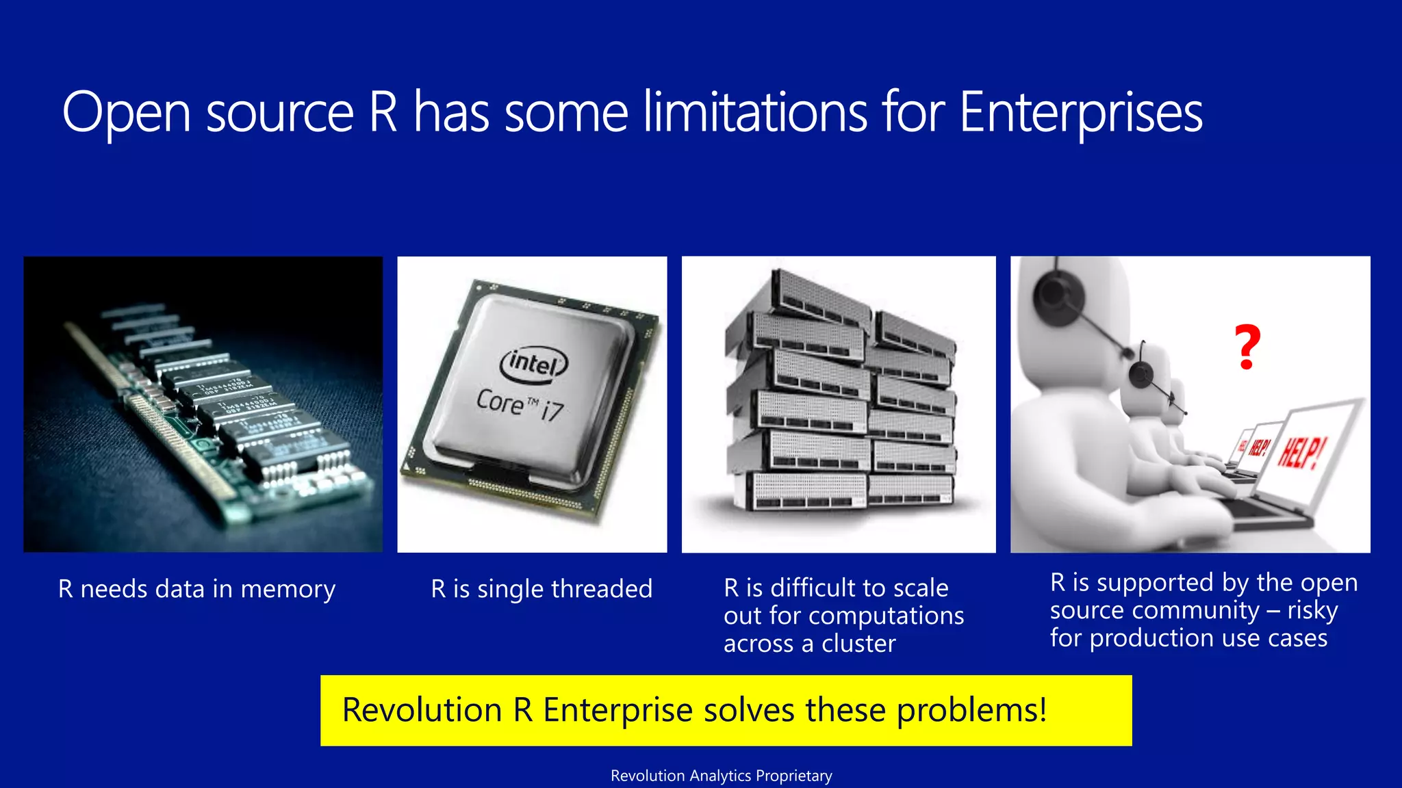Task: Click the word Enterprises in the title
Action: click(x=1080, y=113)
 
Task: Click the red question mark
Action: click(x=1247, y=347)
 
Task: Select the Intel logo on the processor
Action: click(x=533, y=363)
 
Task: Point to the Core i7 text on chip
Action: click(x=520, y=404)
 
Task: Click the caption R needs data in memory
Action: click(x=196, y=589)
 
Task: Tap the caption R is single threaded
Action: click(x=541, y=589)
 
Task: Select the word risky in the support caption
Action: click(x=1312, y=610)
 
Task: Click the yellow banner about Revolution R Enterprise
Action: click(x=726, y=710)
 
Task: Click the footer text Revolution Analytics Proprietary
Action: click(x=721, y=776)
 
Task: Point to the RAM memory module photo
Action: click(x=203, y=404)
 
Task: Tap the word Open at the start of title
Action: click(x=126, y=113)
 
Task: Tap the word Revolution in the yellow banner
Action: click(x=422, y=710)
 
